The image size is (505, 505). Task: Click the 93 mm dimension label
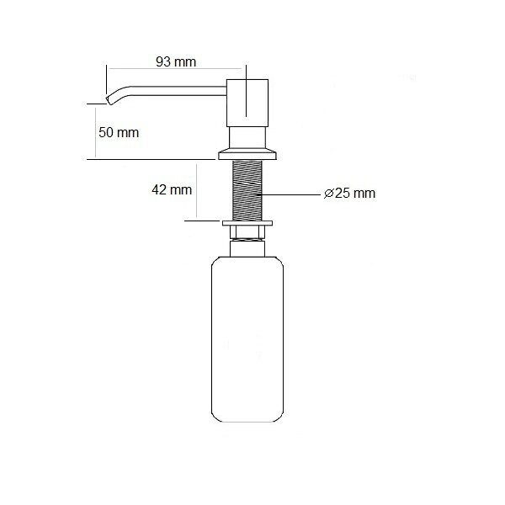[176, 61]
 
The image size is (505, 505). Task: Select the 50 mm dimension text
[119, 133]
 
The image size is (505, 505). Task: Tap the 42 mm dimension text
[172, 189]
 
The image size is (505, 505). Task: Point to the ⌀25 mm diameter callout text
[349, 194]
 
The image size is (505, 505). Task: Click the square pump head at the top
[248, 99]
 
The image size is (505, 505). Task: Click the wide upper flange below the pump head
[248, 153]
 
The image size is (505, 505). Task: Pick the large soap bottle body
[248, 345]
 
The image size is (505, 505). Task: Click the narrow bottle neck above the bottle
[248, 247]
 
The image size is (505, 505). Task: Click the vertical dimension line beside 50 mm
[95, 130]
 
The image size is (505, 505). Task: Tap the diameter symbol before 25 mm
[328, 194]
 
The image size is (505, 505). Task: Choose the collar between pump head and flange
[248, 136]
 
